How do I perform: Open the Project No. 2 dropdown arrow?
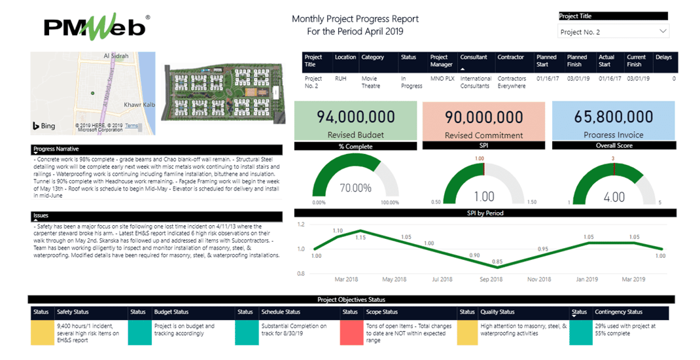(662, 31)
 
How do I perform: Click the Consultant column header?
(474, 58)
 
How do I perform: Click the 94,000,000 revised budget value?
(355, 117)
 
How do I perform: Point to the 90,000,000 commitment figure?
(483, 117)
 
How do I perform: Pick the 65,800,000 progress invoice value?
(613, 117)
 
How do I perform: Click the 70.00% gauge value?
(355, 188)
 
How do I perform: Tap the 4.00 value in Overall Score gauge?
(614, 197)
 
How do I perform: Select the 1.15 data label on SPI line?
(360, 237)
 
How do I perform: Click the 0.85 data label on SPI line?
(497, 261)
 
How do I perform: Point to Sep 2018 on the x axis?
(491, 279)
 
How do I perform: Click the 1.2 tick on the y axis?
(301, 225)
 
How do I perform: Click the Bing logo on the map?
(44, 125)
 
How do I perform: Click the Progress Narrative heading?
(56, 149)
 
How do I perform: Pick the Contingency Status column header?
(618, 312)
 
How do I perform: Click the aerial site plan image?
(224, 93)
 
